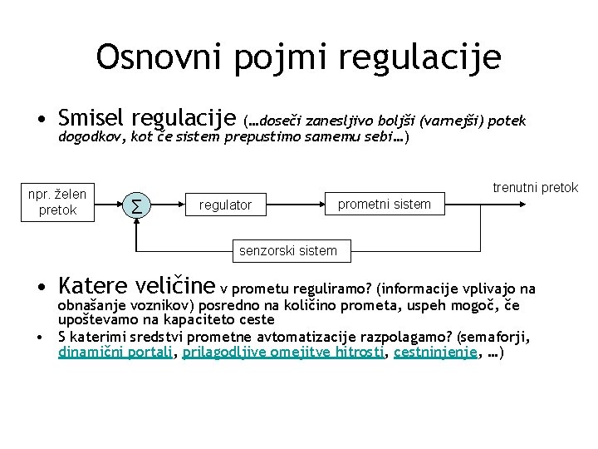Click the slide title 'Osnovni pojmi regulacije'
[x=298, y=57]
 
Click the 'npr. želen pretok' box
[x=57, y=201]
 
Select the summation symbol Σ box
[x=135, y=203]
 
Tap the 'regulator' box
[x=225, y=205]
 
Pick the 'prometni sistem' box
[x=384, y=204]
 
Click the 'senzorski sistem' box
[x=287, y=250]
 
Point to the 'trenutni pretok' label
[x=535, y=188]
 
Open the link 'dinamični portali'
[x=115, y=352]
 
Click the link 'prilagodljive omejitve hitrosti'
[x=282, y=352]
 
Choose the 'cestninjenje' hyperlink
[x=435, y=352]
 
